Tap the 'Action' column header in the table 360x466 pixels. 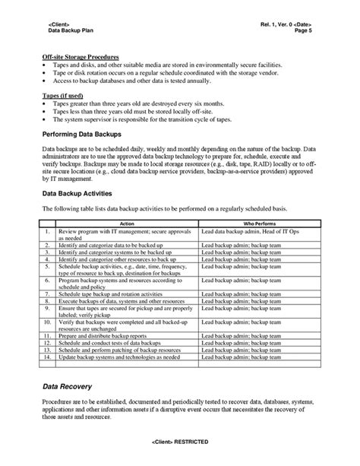click(127, 223)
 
